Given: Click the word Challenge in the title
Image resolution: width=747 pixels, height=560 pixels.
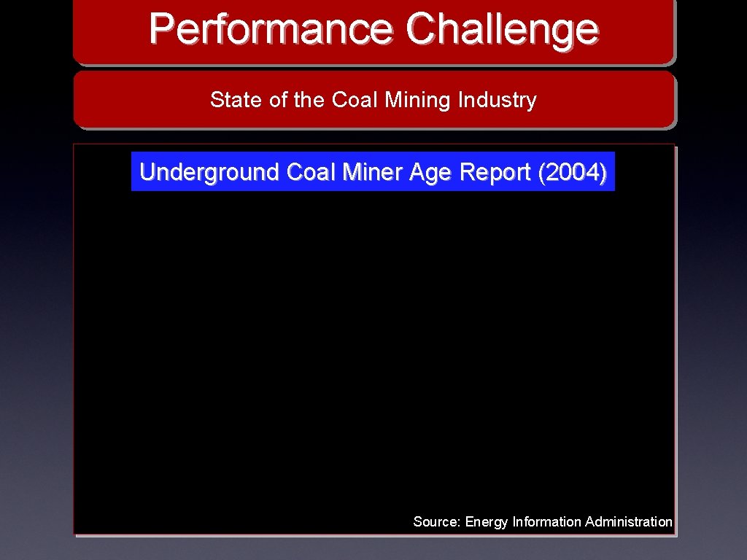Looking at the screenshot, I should tap(503, 29).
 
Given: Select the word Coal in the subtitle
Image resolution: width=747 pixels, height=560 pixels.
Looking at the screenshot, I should tap(355, 100).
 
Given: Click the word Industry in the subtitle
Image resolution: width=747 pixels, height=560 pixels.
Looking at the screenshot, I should tap(498, 100).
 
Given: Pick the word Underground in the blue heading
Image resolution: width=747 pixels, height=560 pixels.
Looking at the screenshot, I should tap(209, 173).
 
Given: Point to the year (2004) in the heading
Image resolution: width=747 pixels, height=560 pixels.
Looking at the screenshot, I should tap(571, 173).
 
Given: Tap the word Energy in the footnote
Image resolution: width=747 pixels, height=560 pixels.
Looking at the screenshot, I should tap(487, 522).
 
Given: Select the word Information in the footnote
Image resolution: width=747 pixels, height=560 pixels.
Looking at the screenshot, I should tap(546, 522).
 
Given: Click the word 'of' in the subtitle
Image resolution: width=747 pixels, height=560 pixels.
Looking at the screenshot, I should tap(279, 100).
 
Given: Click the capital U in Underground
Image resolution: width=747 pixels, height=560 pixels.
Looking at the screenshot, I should tap(147, 172).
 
